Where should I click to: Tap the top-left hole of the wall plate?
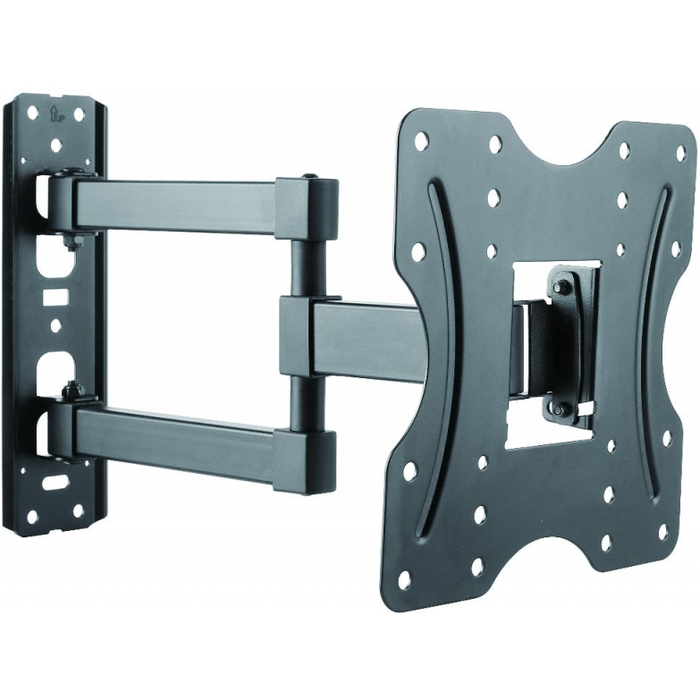point(33,113)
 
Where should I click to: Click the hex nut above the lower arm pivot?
point(70,387)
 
